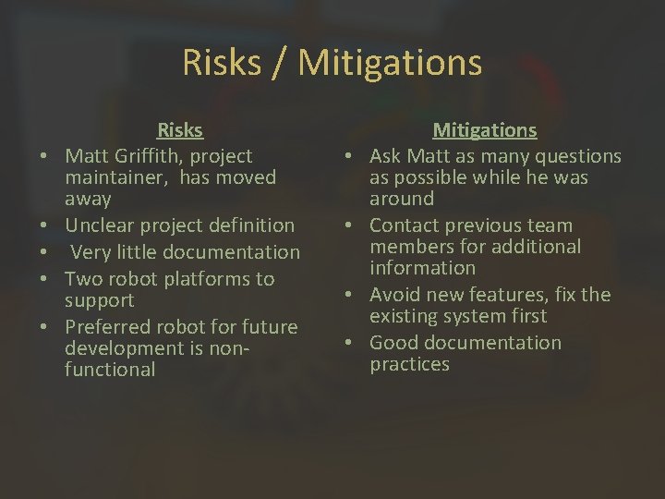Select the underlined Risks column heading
(180, 130)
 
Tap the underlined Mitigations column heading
(485, 130)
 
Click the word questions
(575, 156)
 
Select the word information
(423, 268)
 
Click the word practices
(410, 364)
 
